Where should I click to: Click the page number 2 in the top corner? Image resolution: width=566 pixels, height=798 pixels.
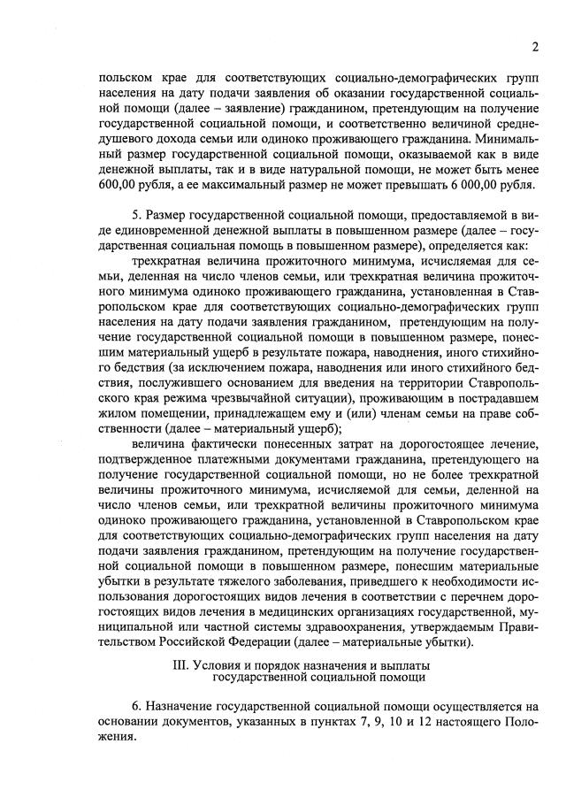pos(536,47)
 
